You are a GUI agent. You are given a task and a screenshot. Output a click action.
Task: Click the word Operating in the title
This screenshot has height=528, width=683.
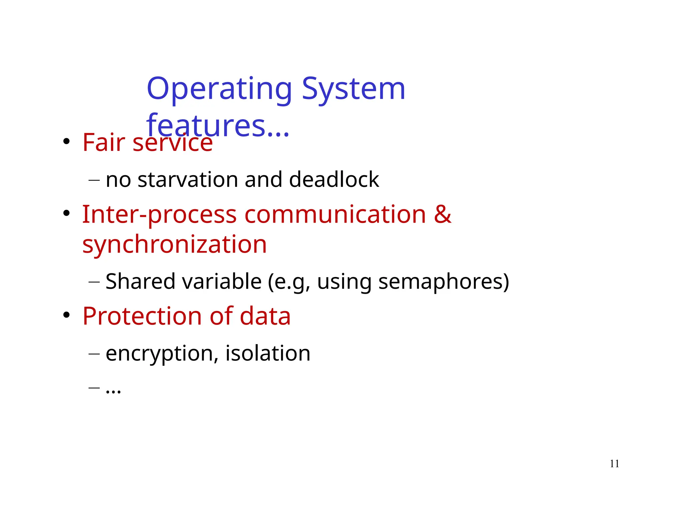[219, 89]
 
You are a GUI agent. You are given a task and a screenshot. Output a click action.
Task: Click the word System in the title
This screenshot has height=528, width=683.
[354, 89]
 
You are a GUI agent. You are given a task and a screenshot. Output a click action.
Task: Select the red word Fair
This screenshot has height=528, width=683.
[103, 143]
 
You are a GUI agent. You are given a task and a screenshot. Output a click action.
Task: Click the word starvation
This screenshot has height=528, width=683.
[187, 180]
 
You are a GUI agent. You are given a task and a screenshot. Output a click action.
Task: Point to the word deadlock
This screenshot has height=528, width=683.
[334, 180]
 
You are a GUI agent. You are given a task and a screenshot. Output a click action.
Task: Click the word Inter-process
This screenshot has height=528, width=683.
[159, 215]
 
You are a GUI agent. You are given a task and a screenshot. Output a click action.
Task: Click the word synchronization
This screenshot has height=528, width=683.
[174, 245]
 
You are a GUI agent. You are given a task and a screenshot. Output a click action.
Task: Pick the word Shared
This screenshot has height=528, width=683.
[140, 281]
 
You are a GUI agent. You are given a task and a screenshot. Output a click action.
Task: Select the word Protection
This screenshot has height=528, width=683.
[142, 316]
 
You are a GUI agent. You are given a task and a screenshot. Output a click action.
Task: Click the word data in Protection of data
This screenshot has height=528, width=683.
[265, 316]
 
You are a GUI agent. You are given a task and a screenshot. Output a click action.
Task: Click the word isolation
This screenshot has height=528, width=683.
[268, 353]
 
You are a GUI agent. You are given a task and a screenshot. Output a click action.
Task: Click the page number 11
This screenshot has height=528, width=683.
[614, 464]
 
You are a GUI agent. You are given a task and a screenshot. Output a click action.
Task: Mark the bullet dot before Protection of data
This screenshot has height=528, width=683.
[67, 315]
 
